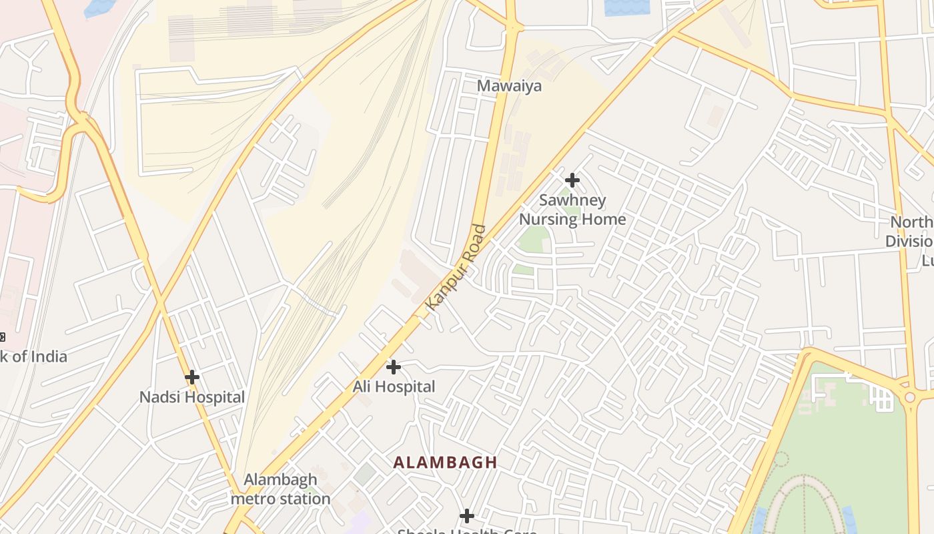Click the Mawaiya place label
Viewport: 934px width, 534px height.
(509, 86)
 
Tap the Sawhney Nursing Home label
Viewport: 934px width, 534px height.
(572, 210)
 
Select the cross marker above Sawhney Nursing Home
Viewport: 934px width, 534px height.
(572, 180)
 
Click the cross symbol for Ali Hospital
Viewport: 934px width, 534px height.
(394, 367)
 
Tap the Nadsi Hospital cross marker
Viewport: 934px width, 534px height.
(192, 377)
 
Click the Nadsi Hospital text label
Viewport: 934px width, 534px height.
(192, 397)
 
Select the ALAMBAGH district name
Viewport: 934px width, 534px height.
(445, 462)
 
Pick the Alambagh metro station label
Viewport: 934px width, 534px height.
(280, 489)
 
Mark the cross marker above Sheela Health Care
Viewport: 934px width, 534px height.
(467, 515)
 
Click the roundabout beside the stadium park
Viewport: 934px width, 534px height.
(910, 397)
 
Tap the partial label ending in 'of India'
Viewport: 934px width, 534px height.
(33, 356)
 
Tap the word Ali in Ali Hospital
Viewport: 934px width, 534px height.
(361, 386)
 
